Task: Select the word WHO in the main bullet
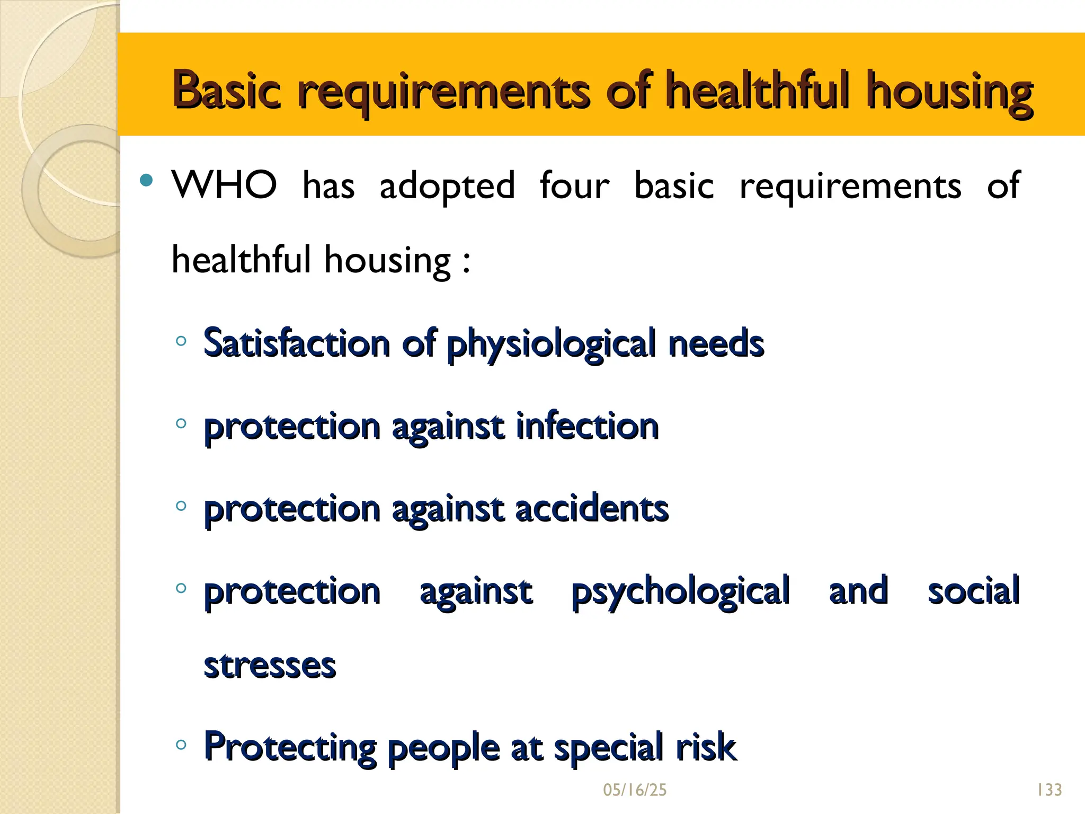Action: tap(224, 185)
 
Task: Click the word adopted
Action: tap(447, 187)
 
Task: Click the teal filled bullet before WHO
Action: tap(146, 181)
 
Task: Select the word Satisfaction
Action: tap(297, 343)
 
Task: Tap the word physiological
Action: tap(551, 344)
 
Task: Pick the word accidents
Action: tap(592, 508)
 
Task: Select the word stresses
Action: tap(270, 666)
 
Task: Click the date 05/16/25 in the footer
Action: tap(635, 790)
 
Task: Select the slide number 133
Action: tap(1049, 790)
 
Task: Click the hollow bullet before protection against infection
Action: tap(181, 423)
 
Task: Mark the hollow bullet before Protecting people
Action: tap(181, 745)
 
